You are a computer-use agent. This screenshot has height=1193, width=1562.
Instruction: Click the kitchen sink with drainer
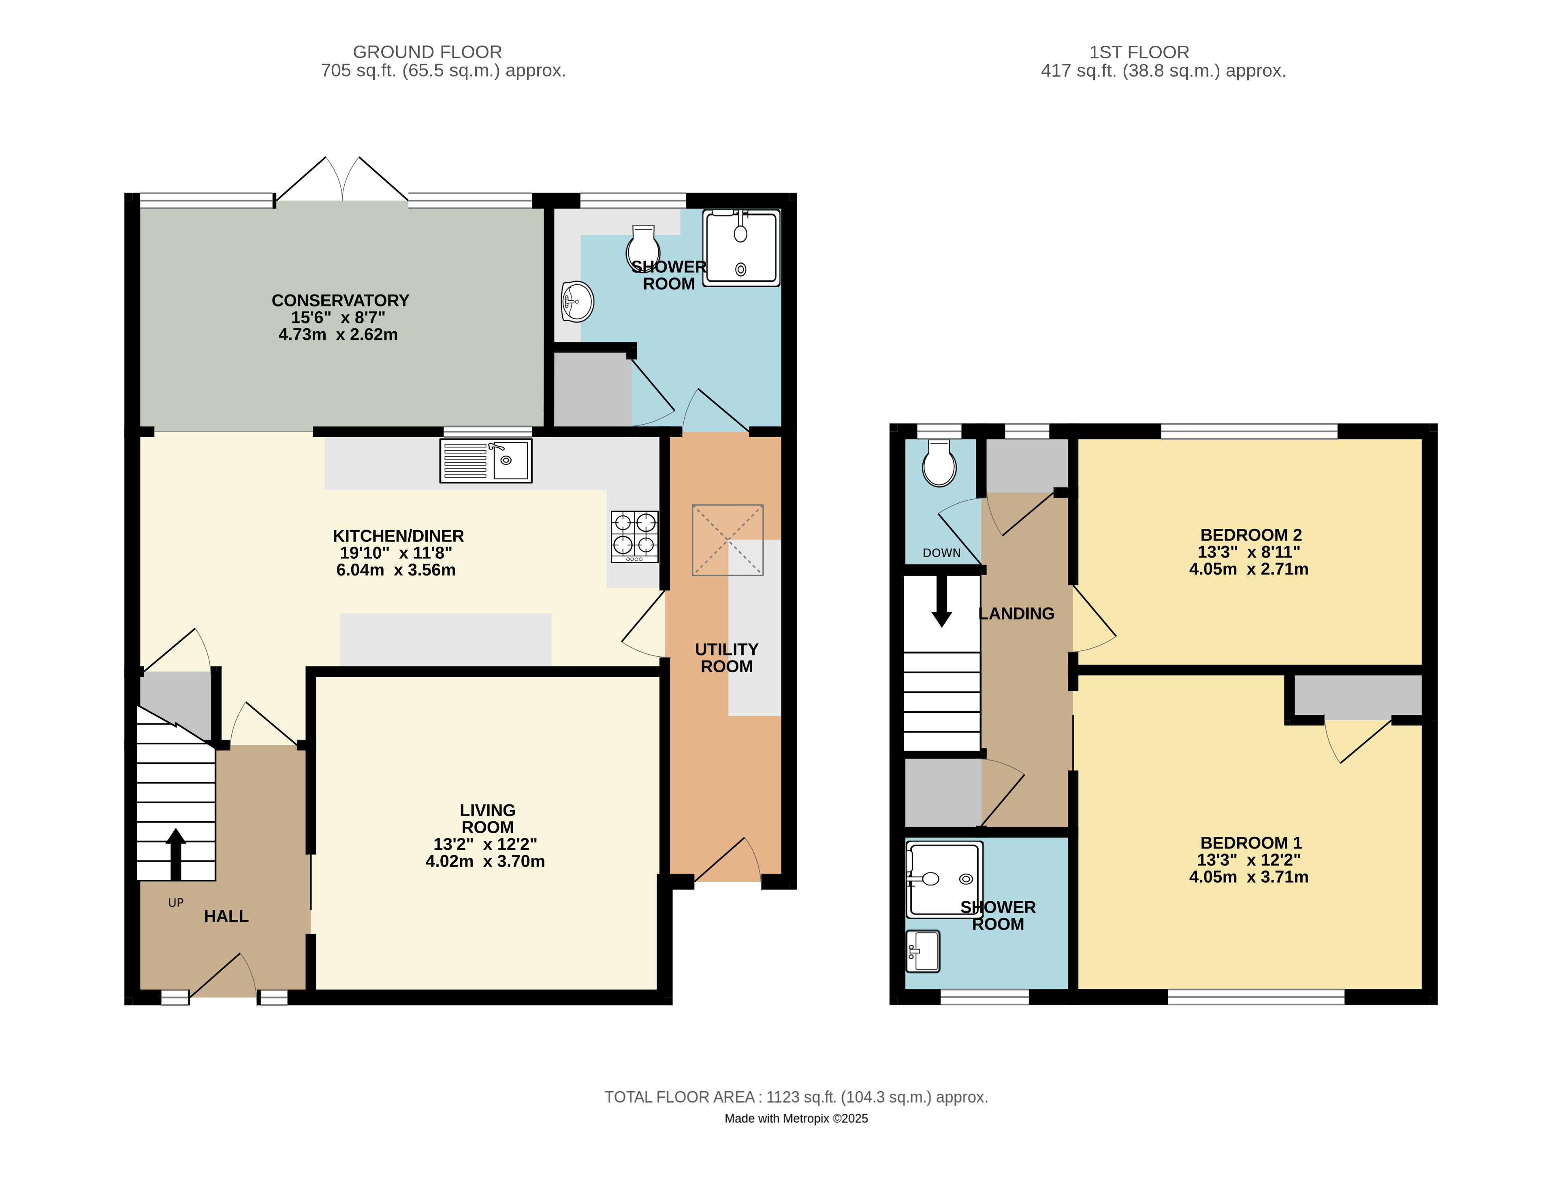tap(485, 461)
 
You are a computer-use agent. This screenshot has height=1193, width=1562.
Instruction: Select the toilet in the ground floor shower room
tap(643, 247)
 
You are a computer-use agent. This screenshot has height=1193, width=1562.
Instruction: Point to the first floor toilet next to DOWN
tap(939, 463)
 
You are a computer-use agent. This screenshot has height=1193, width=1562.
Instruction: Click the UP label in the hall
tap(175, 902)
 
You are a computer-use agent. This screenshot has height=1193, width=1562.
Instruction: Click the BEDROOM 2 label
tap(1250, 535)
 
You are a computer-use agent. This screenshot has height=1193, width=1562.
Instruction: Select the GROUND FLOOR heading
tap(427, 52)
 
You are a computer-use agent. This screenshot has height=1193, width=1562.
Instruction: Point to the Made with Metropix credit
tap(796, 1118)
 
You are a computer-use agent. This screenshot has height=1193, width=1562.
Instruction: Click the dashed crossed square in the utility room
tap(728, 540)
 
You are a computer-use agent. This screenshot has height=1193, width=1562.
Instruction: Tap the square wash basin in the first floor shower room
tap(923, 951)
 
